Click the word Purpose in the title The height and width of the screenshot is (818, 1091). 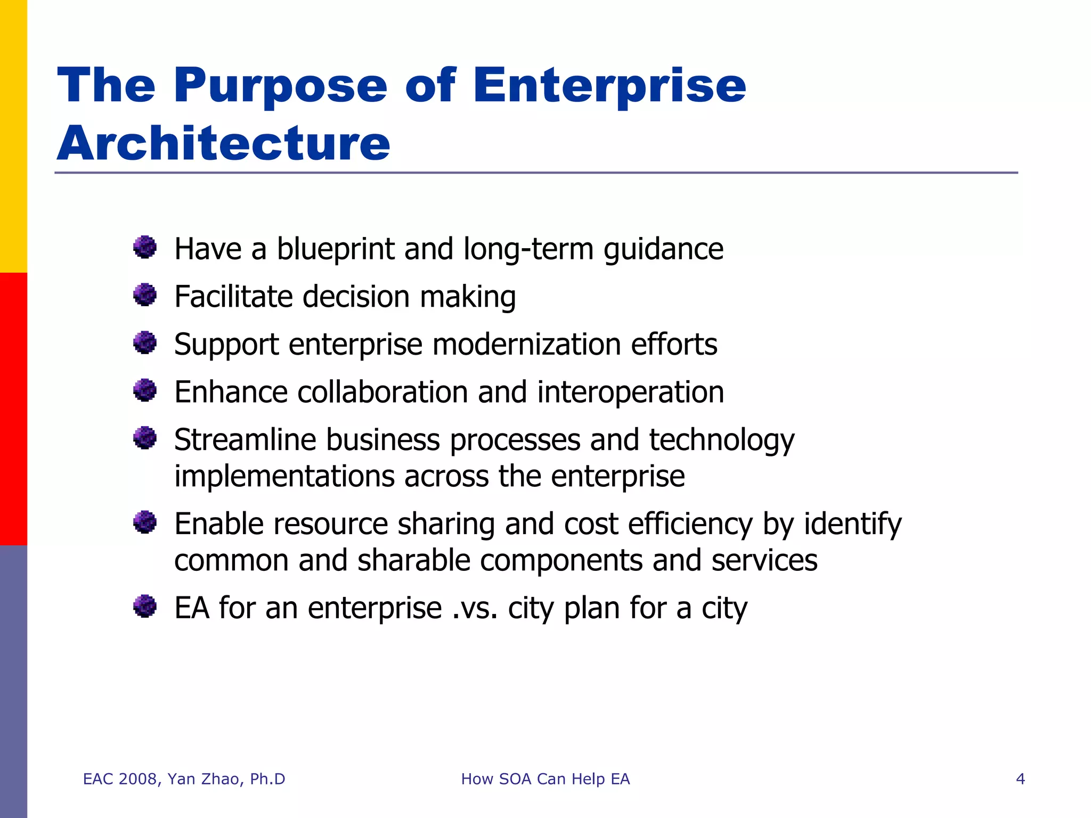point(280,86)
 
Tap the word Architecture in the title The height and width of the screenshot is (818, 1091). point(224,143)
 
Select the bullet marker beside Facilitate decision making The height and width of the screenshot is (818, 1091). point(144,295)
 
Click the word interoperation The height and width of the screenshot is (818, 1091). point(630,392)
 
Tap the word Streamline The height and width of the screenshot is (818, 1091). point(245,440)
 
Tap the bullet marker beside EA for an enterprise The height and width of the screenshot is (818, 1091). point(144,606)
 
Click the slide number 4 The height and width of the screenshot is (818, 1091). point(1020,779)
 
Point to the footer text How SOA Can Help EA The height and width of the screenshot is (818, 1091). point(545,779)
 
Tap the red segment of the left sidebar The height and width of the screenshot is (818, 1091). point(13,409)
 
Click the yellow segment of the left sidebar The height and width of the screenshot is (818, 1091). point(13,136)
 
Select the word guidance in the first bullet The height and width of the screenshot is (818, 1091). point(663,249)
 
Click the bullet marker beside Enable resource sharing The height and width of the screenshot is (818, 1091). point(144,522)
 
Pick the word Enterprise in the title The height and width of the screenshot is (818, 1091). point(609,86)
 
